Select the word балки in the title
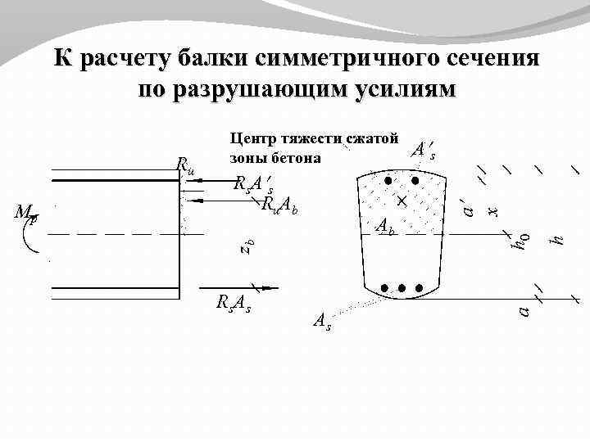(211, 60)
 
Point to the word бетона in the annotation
(299, 156)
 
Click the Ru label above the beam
(185, 167)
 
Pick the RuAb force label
(279, 205)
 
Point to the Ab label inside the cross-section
(386, 227)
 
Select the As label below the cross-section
(323, 322)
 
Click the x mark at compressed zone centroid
(402, 201)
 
